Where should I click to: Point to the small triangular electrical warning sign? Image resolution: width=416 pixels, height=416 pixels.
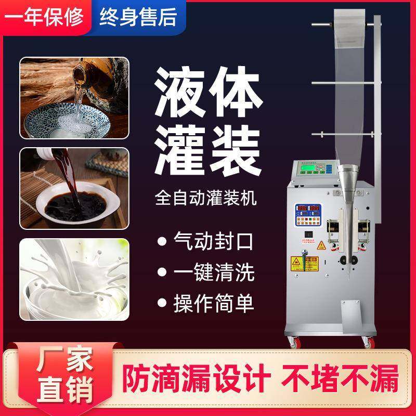click(x=322, y=245)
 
